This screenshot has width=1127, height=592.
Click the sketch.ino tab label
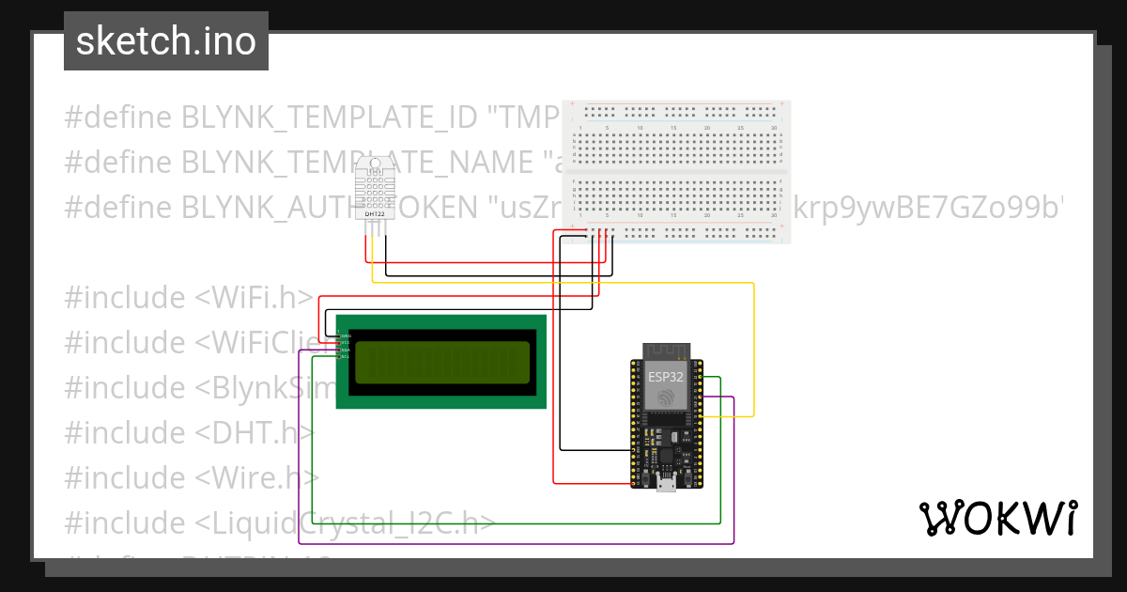[166, 42]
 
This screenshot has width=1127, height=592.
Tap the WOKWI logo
[997, 518]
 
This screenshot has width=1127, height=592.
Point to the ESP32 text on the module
[666, 377]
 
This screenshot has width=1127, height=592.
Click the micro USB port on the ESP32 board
[667, 484]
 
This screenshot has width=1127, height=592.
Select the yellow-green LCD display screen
[441, 362]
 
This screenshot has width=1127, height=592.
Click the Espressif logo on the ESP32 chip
[667, 397]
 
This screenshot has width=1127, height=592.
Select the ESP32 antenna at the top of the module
[667, 351]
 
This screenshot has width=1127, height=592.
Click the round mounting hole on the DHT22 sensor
[375, 164]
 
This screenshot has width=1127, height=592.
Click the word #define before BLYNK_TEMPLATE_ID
[117, 117]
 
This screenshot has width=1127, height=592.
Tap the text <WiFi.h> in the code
[254, 298]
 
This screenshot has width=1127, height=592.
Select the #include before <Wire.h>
[125, 478]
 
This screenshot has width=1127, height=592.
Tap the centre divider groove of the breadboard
[676, 172]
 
